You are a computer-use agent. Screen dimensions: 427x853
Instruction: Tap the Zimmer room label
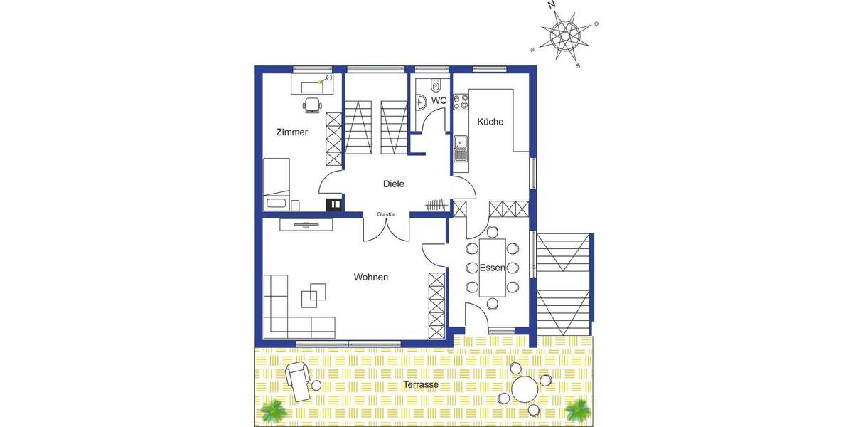(292, 132)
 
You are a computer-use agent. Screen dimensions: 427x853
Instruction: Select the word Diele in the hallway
(393, 184)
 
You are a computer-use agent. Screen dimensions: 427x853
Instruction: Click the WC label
(439, 101)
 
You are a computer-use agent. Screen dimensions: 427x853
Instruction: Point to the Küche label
(490, 122)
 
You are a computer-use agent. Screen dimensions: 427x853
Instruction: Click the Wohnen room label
(371, 277)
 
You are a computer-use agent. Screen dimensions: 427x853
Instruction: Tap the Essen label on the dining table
(492, 268)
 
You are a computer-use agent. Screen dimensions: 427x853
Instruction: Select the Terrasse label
(420, 385)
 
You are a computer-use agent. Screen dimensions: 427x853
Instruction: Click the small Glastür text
(386, 213)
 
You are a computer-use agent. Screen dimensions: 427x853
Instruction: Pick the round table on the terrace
(526, 389)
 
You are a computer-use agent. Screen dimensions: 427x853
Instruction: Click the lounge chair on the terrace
(299, 378)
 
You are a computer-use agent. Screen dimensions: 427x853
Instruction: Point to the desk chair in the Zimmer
(312, 106)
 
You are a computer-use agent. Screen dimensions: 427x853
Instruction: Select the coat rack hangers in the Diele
(436, 205)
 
